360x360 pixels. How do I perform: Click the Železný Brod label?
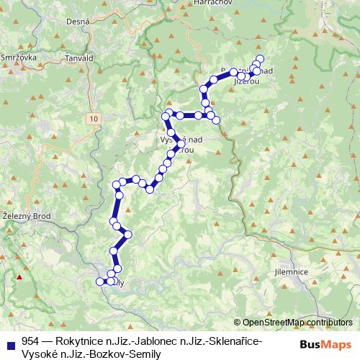(27, 215)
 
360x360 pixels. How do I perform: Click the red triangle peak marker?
(20, 277)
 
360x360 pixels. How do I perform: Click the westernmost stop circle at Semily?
(101, 282)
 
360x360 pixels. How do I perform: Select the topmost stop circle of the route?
(260, 58)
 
